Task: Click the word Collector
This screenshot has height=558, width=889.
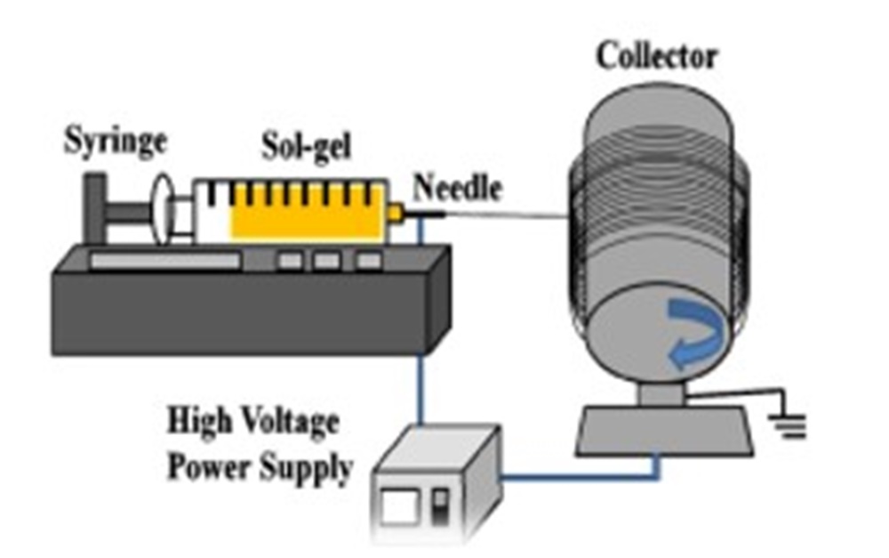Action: (x=656, y=56)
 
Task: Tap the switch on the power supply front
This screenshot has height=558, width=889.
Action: (x=438, y=510)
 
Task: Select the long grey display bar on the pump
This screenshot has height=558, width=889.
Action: (x=164, y=262)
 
